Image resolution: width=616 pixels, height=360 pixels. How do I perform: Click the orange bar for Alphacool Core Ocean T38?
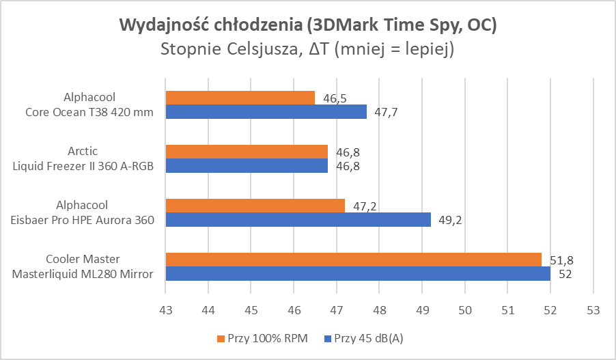240,98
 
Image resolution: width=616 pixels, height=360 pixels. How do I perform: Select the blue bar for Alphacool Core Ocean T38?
266,111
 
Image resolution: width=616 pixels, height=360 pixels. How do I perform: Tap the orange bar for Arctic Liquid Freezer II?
247,152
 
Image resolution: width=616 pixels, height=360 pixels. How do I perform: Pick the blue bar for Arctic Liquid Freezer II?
247,165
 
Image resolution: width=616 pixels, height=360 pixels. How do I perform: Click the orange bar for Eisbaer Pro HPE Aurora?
255,206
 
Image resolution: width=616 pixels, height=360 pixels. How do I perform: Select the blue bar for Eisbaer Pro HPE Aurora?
298,219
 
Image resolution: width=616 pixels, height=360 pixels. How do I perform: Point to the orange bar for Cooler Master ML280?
353,260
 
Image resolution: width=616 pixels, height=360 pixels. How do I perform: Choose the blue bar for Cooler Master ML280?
358,273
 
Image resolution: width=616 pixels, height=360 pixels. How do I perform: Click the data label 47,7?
386,111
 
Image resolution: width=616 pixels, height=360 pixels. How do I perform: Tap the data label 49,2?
450,219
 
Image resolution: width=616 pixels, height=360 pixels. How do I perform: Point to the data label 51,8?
561,260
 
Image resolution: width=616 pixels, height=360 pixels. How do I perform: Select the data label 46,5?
335,98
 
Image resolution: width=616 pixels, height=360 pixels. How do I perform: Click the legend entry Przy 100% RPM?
263,339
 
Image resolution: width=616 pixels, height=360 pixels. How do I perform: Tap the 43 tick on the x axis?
166,309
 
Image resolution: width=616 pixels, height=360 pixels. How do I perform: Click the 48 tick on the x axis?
379,309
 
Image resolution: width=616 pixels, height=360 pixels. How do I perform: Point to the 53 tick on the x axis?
593,309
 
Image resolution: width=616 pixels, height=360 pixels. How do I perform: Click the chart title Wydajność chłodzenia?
308,25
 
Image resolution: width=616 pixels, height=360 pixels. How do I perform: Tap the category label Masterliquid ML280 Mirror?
82,274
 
